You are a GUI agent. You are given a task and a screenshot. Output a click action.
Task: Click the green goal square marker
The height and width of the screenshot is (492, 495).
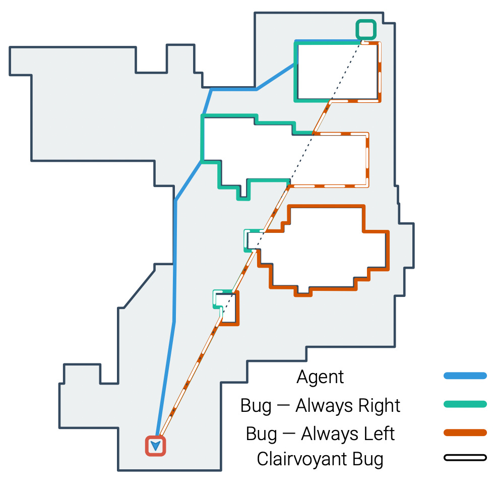[366, 29]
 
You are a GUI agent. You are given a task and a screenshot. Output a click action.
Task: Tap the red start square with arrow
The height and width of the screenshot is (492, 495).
[156, 446]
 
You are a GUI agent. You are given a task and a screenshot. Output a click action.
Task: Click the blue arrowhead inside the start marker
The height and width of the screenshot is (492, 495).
[156, 446]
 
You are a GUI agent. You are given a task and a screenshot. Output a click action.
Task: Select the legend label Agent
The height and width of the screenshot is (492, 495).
[320, 377]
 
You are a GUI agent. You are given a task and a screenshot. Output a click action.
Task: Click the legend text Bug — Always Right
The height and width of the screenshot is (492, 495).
[320, 405]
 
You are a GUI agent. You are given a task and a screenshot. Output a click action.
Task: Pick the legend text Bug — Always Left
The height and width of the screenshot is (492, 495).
[320, 434]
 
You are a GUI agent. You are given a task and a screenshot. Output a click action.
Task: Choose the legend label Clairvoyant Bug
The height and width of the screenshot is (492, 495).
[320, 459]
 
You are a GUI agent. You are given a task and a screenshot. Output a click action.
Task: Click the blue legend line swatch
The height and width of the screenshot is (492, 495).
[465, 376]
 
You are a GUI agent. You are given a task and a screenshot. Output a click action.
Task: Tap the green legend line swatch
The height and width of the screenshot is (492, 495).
[465, 404]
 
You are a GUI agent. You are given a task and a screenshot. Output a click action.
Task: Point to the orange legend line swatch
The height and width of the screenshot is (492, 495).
[465, 433]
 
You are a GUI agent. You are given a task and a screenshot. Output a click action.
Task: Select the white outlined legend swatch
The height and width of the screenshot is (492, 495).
[465, 458]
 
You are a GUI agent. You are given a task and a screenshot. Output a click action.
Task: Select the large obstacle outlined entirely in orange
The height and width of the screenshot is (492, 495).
[323, 247]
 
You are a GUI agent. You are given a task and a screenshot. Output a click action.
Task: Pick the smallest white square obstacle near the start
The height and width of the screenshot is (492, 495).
[228, 307]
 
